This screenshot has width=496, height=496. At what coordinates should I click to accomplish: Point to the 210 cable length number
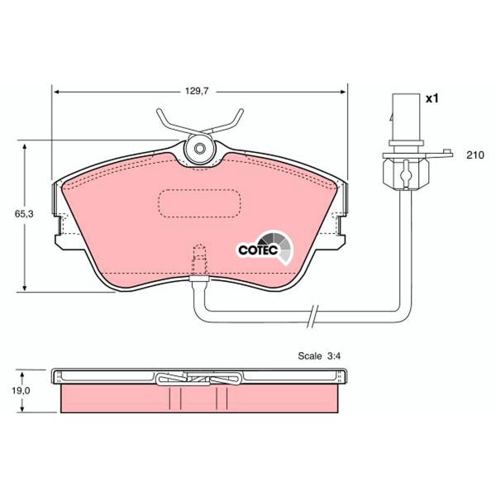[474, 155]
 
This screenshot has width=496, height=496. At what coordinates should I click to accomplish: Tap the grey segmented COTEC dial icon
[281, 246]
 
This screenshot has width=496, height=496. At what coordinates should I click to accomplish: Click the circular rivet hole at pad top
[198, 150]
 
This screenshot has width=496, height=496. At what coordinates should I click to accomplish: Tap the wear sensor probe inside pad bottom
[198, 263]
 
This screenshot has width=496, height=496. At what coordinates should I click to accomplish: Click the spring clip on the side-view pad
[198, 379]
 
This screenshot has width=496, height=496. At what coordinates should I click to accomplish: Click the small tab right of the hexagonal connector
[446, 151]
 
